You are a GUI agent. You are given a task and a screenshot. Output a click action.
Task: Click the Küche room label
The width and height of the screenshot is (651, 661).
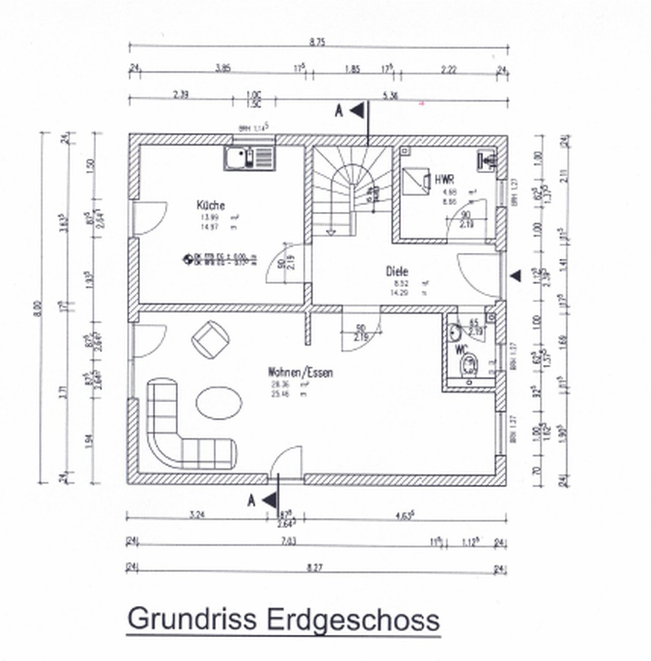click(210, 205)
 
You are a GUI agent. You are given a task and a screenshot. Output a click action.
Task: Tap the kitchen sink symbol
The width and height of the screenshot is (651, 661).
click(249, 159)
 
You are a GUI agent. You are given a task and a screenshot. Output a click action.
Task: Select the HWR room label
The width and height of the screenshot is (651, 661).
click(444, 180)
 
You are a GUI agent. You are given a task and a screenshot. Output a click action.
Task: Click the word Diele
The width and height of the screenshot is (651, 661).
click(397, 271)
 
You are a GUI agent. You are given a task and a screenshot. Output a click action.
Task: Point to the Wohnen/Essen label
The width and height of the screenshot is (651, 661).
click(300, 372)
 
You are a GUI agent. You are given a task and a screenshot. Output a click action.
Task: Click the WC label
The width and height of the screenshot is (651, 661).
click(461, 350)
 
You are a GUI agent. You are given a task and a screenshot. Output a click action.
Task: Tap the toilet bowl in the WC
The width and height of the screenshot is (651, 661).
click(468, 365)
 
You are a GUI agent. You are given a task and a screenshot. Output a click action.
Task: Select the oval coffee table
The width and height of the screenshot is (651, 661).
click(219, 403)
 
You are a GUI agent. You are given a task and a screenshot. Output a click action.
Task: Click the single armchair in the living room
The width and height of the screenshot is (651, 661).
click(211, 339)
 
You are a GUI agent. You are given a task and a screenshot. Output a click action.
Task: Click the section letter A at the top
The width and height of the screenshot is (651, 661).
click(338, 111)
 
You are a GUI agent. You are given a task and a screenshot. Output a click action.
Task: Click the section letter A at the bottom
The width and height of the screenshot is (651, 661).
click(251, 501)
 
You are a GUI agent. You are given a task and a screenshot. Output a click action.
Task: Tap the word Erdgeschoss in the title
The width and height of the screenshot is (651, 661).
click(353, 619)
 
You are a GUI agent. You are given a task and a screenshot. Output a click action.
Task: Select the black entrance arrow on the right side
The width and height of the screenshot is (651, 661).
click(516, 276)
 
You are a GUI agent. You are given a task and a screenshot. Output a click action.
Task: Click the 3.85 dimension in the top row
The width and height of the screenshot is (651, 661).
click(222, 69)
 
